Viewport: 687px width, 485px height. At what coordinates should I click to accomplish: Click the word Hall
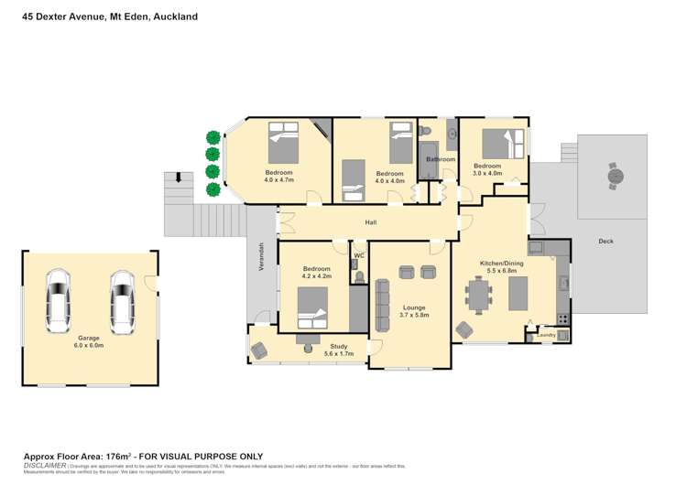coord(371,222)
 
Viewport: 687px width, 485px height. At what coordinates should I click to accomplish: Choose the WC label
coord(359,255)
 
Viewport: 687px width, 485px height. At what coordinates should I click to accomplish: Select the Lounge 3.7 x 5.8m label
coord(408,310)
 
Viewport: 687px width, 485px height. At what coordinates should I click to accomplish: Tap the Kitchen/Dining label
coord(503,266)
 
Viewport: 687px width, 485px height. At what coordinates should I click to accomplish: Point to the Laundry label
coord(547,334)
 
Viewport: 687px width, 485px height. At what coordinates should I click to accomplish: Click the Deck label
coord(605,242)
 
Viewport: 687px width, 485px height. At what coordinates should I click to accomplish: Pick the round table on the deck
coord(616,173)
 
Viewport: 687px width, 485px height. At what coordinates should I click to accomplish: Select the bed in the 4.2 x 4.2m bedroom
coord(311,306)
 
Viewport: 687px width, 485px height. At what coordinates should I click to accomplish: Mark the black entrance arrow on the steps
coord(180,177)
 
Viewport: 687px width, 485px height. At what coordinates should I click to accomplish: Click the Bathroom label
coord(440,159)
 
